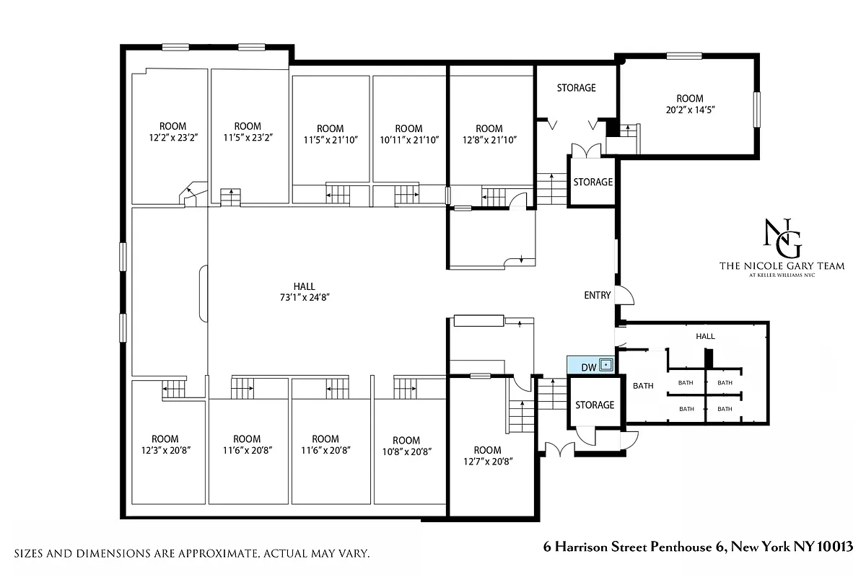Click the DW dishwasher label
pyautogui.click(x=589, y=367)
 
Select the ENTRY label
pyautogui.click(x=598, y=295)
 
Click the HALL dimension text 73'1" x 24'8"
pyautogui.click(x=304, y=296)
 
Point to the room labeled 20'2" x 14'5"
pyautogui.click(x=689, y=104)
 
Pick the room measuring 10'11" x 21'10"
pyautogui.click(x=408, y=134)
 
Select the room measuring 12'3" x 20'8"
pyautogui.click(x=165, y=444)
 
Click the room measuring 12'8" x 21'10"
pyautogui.click(x=489, y=134)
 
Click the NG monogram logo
pyautogui.click(x=782, y=238)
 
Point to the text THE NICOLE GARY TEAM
pyautogui.click(x=782, y=266)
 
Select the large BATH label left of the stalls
pyautogui.click(x=643, y=386)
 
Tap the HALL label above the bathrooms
pyautogui.click(x=705, y=336)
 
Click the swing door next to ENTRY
pyautogui.click(x=625, y=295)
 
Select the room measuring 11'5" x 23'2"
pyautogui.click(x=248, y=131)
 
